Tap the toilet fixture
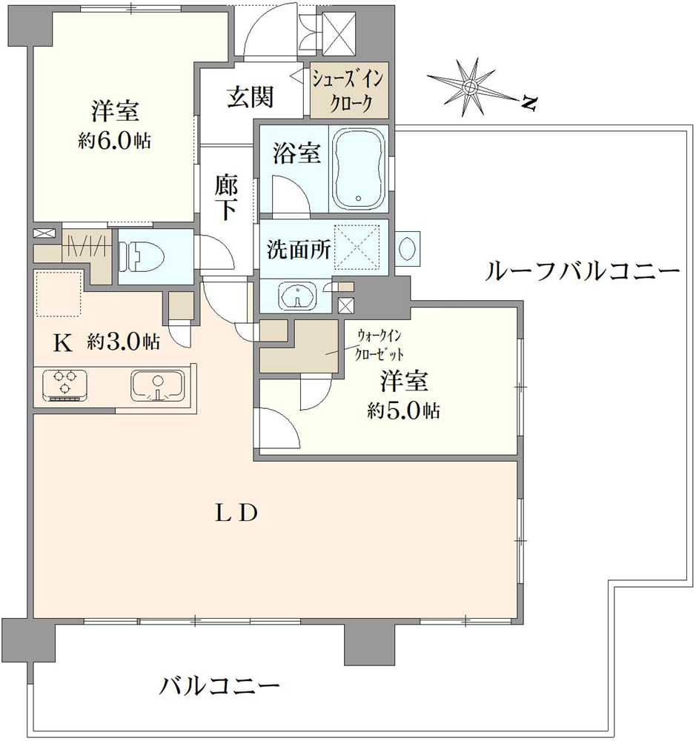point(141,257)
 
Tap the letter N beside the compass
point(528,104)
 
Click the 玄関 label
point(251,97)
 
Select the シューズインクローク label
point(348,90)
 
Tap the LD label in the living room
point(236,513)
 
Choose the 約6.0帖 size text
point(115,141)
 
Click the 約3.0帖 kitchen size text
point(122,342)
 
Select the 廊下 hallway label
point(226,197)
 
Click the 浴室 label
point(296,154)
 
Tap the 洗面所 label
point(299,250)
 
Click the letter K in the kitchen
point(64,342)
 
